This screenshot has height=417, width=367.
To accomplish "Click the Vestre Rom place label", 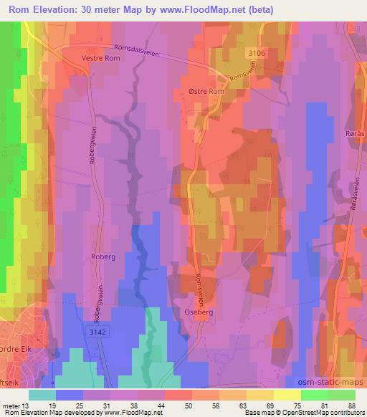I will pos(100,58).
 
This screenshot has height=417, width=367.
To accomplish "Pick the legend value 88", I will pos(351,406).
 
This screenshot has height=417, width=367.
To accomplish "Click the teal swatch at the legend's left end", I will pos(42,395).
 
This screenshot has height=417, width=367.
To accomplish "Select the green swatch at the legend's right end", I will pos(341,395).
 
